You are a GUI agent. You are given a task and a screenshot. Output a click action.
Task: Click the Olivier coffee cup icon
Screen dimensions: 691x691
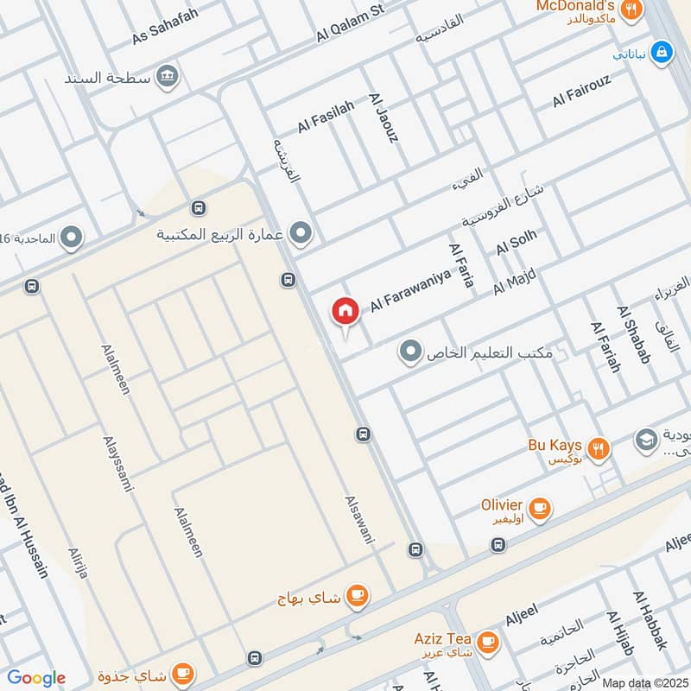coord(540,508)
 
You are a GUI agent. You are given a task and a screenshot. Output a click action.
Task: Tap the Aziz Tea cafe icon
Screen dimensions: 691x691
coord(488,641)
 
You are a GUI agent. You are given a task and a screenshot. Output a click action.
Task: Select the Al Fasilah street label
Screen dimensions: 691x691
coord(326,117)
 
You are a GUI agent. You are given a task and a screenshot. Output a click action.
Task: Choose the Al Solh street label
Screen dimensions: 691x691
coord(516,242)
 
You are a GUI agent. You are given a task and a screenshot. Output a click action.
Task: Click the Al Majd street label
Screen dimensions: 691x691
coord(515,282)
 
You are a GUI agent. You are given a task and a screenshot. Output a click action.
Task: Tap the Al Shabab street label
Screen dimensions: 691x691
coord(633,334)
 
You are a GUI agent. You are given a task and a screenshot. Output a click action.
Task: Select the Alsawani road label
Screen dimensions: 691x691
coord(360,519)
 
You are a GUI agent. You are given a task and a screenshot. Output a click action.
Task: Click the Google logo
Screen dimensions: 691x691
coord(36,678)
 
